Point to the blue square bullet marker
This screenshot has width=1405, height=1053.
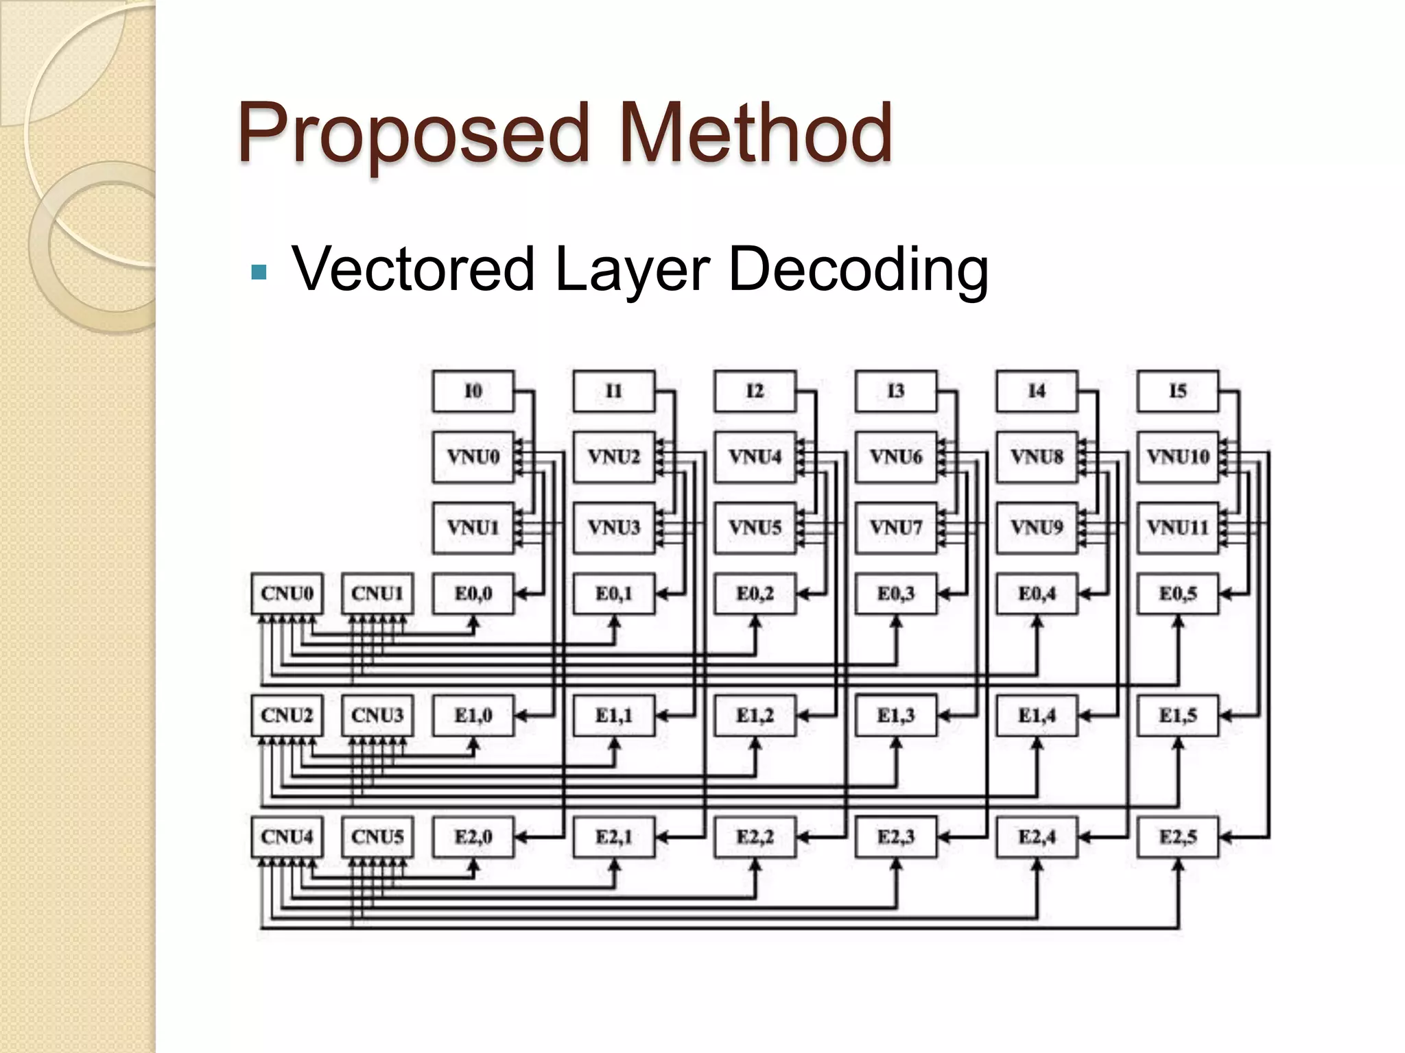click(259, 273)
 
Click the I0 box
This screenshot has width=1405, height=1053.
click(473, 391)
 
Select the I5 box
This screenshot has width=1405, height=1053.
click(1178, 391)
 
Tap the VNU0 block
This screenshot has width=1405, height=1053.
click(473, 457)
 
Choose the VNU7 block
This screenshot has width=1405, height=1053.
click(896, 527)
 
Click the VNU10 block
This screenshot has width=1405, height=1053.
click(1178, 457)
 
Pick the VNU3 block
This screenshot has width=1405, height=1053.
click(614, 527)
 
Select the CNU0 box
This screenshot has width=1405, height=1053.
click(287, 593)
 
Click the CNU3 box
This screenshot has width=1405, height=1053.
click(377, 715)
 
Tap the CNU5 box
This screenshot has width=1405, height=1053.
click(377, 837)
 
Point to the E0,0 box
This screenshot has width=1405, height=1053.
click(473, 593)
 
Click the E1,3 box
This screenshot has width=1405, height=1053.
click(896, 715)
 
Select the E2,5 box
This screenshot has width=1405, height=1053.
click(1178, 837)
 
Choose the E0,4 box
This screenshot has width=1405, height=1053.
click(1037, 593)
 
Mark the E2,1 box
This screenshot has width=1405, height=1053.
click(614, 837)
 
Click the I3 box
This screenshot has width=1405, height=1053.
click(896, 391)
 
